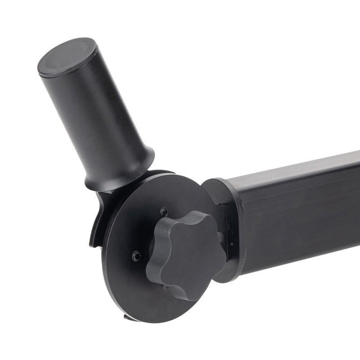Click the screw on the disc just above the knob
[163, 212]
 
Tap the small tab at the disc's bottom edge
[127, 317]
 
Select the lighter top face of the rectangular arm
[292, 169]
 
